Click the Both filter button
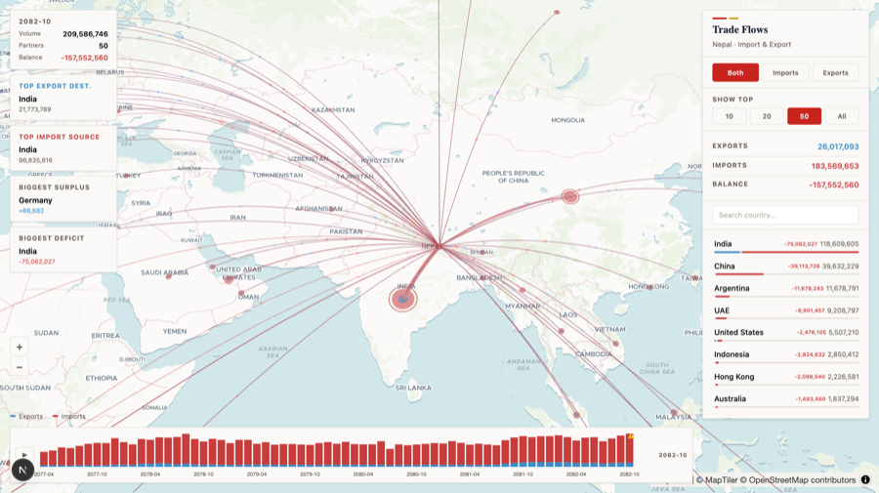click(735, 72)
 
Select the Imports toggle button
click(785, 72)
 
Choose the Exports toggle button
click(835, 72)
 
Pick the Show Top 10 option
click(729, 116)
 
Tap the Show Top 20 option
click(767, 116)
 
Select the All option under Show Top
click(842, 116)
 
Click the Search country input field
click(785, 215)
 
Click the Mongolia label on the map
click(567, 120)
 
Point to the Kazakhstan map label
click(332, 109)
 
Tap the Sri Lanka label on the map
click(412, 388)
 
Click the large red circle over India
click(403, 299)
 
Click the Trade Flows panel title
click(740, 30)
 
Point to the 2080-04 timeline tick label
click(363, 473)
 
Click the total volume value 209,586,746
click(85, 34)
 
